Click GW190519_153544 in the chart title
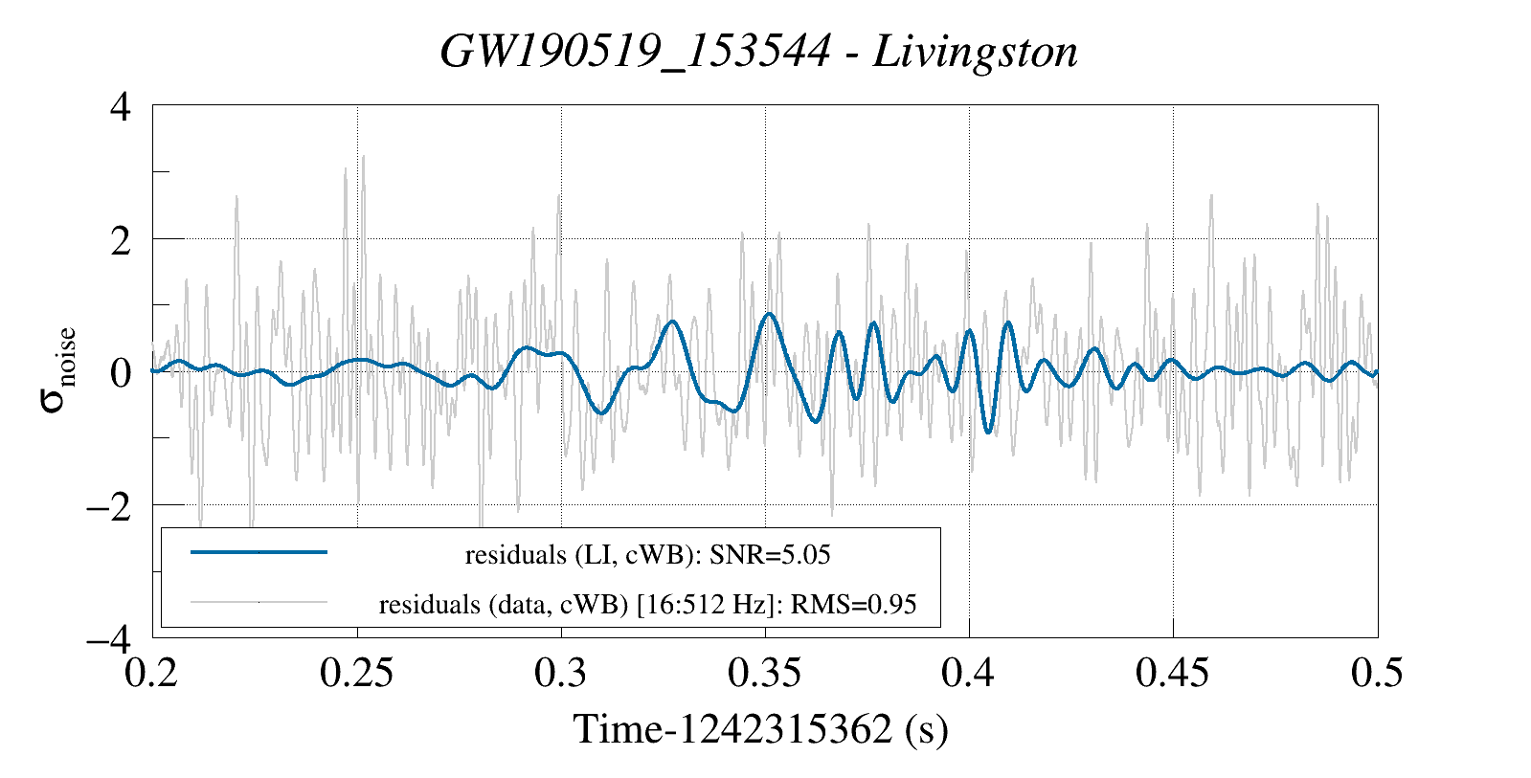pyautogui.click(x=635, y=52)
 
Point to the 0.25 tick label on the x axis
pyautogui.click(x=357, y=674)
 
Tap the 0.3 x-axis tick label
pyautogui.click(x=561, y=674)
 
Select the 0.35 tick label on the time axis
pyautogui.click(x=765, y=674)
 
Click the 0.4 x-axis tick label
pyautogui.click(x=969, y=674)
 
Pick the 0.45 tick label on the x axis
pyautogui.click(x=1173, y=674)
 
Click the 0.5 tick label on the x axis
pyautogui.click(x=1377, y=674)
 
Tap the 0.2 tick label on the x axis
pyautogui.click(x=153, y=674)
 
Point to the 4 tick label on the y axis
pyautogui.click(x=121, y=106)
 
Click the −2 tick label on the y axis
pyautogui.click(x=108, y=505)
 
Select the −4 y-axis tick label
pyautogui.click(x=108, y=637)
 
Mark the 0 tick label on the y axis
pyautogui.click(x=121, y=372)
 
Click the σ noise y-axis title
pyautogui.click(x=58, y=371)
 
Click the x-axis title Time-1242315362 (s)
pyautogui.click(x=761, y=730)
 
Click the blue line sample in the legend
pyautogui.click(x=259, y=552)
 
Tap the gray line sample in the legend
pyautogui.click(x=259, y=603)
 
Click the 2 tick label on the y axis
pyautogui.click(x=121, y=239)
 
